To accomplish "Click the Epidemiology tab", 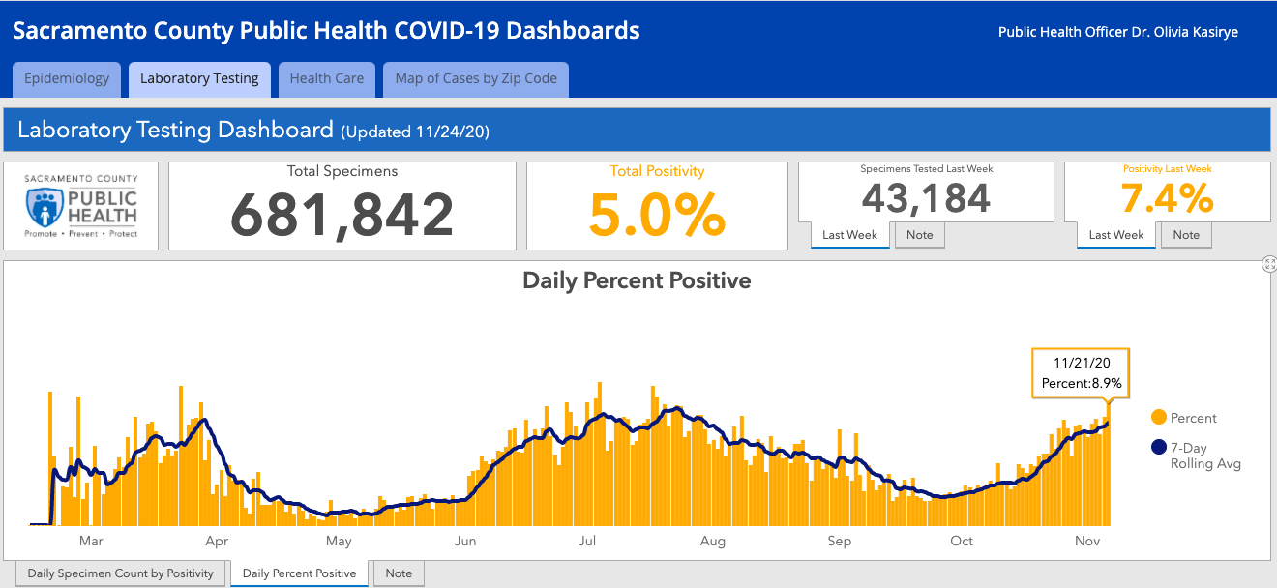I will tap(67, 79).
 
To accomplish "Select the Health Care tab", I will tap(327, 79).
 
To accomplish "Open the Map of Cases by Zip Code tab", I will tap(476, 79).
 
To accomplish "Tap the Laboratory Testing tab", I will tap(199, 79).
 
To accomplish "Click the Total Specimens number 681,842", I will tap(342, 215).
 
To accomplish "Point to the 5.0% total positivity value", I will tap(657, 215).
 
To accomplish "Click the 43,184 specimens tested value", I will tap(926, 198).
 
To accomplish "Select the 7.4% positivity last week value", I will tap(1167, 198).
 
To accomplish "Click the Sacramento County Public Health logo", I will tap(81, 206).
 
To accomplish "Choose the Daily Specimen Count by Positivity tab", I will tap(121, 573).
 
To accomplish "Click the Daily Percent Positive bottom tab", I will tap(299, 573).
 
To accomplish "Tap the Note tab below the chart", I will tap(399, 573).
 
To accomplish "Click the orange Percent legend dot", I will tap(1158, 418).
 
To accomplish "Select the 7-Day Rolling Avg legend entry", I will tap(1196, 456).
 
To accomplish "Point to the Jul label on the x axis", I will tap(587, 541).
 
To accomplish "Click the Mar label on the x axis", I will tap(91, 541).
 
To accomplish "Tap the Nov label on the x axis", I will tap(1087, 541).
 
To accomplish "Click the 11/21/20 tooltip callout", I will tap(1082, 372).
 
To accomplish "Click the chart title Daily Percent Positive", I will tap(637, 281).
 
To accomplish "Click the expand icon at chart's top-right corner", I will tap(1269, 265).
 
